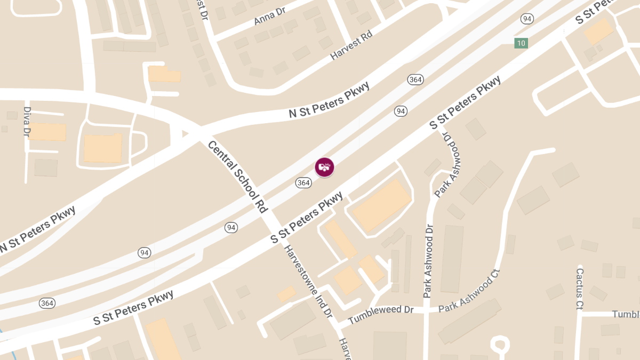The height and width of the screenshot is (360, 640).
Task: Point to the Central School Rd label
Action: [237, 177]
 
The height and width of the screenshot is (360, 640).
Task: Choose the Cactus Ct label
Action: [580, 289]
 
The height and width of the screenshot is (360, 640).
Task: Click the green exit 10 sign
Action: [521, 43]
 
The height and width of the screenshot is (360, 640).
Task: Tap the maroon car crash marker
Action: [324, 167]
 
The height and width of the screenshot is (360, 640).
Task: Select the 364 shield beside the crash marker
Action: [303, 183]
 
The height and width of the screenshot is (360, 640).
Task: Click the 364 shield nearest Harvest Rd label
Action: [415, 79]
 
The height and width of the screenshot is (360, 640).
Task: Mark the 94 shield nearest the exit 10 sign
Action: [527, 19]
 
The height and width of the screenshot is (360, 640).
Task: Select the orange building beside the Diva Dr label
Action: [47, 131]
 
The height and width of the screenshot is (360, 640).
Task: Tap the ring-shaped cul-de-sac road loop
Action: [500, 344]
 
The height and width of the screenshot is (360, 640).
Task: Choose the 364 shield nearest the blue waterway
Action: [47, 303]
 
